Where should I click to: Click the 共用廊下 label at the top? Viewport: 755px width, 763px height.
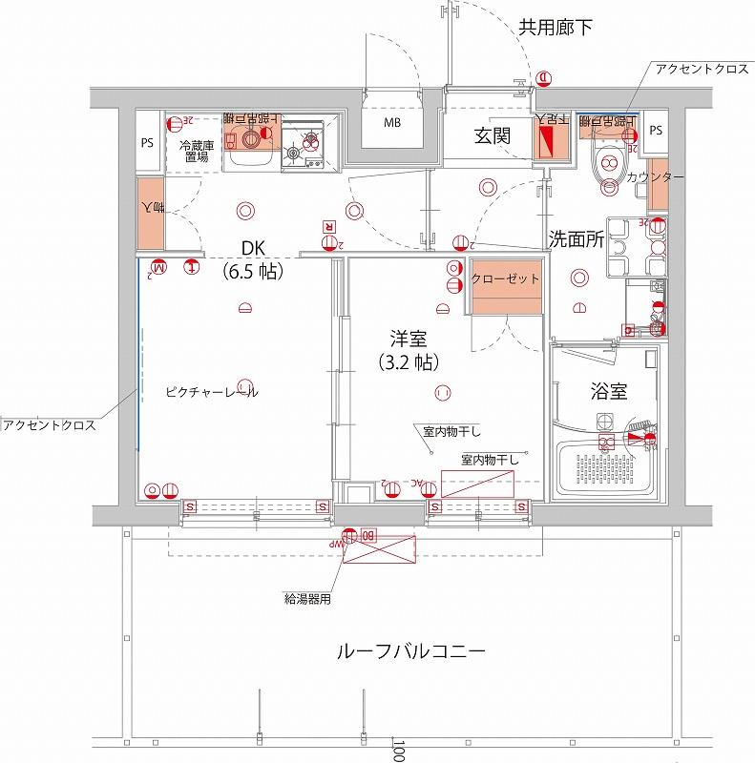click(x=556, y=28)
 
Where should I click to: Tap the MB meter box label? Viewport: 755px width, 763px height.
click(x=392, y=124)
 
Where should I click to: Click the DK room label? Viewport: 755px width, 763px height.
click(x=252, y=249)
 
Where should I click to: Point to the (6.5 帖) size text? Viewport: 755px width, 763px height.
click(x=252, y=272)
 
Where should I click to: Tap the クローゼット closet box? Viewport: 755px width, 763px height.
click(x=506, y=279)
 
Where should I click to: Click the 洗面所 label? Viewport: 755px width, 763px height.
click(x=577, y=240)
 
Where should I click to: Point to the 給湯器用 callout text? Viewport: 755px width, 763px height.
click(x=307, y=600)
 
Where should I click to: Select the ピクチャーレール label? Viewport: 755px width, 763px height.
click(x=211, y=392)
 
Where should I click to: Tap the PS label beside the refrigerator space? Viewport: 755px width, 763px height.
click(x=147, y=144)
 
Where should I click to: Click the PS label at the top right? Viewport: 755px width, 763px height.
click(x=655, y=130)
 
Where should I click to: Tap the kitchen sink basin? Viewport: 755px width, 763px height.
click(x=250, y=142)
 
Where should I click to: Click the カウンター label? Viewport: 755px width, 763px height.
click(x=655, y=178)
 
